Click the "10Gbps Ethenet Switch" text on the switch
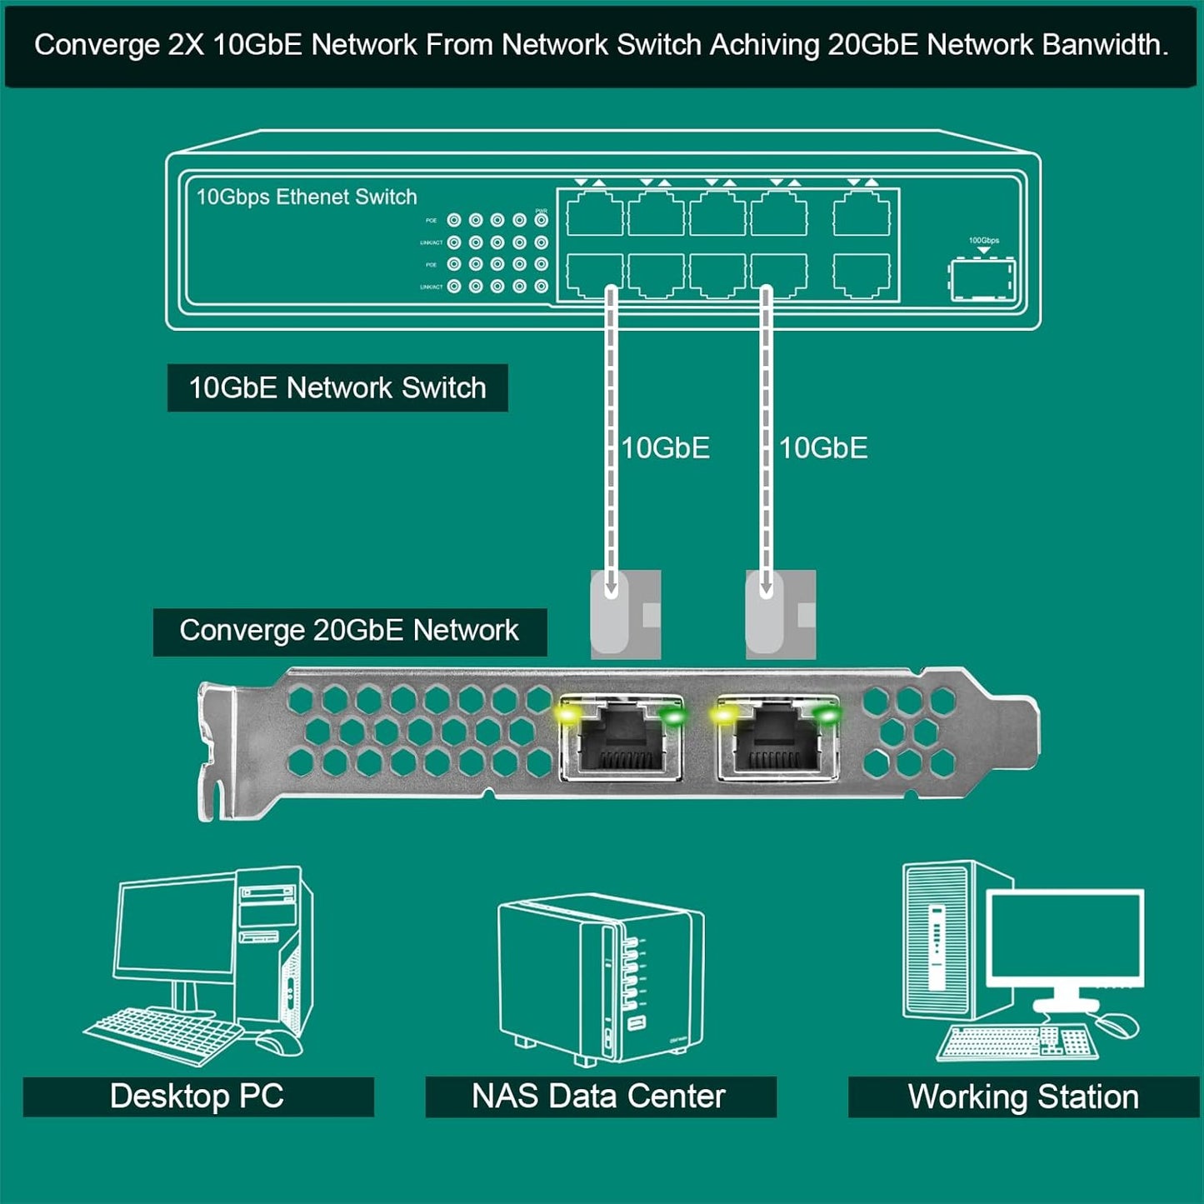(306, 197)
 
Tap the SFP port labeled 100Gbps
(982, 280)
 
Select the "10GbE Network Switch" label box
(337, 388)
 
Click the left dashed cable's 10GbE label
(666, 448)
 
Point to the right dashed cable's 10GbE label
(823, 448)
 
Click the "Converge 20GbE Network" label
(349, 631)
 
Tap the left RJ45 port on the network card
(622, 737)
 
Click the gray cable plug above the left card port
(625, 614)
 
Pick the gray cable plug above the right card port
(780, 614)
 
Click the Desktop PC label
(197, 1097)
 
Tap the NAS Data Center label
(599, 1097)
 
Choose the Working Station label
(1023, 1097)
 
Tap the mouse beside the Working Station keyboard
(1116, 1025)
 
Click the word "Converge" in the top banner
(96, 45)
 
